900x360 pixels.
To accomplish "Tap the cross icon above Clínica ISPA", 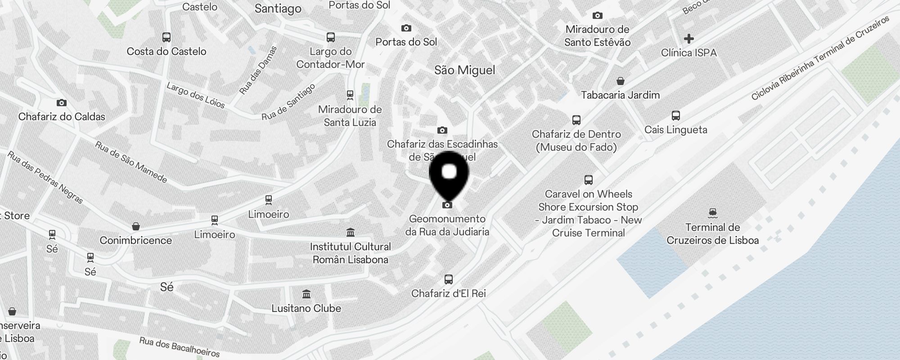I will (688, 39).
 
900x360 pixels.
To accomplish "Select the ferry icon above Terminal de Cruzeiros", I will (712, 212).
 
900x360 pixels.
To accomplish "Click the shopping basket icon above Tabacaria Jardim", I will (621, 81).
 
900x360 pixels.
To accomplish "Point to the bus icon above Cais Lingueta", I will (675, 116).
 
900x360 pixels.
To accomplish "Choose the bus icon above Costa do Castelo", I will (166, 37).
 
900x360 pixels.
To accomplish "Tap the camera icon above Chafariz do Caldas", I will (62, 103).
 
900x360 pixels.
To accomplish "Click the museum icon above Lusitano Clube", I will (306, 294).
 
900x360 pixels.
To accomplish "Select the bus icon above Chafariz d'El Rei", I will (448, 279).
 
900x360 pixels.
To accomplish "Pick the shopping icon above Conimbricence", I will (136, 226).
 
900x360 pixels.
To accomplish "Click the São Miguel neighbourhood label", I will (464, 70).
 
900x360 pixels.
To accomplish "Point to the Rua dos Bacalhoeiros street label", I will (180, 347).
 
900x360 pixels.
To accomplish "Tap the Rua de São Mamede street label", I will (131, 162).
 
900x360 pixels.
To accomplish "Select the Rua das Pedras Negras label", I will (45, 177).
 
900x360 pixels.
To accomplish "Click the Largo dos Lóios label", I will (196, 95).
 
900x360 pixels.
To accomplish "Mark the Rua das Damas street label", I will (258, 70).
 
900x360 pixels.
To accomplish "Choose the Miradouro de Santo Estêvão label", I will (597, 36).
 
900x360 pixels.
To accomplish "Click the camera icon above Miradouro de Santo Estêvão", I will (597, 16).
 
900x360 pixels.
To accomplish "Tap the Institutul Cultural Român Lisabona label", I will (350, 253).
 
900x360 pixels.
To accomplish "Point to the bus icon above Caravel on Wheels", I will (588, 180).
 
